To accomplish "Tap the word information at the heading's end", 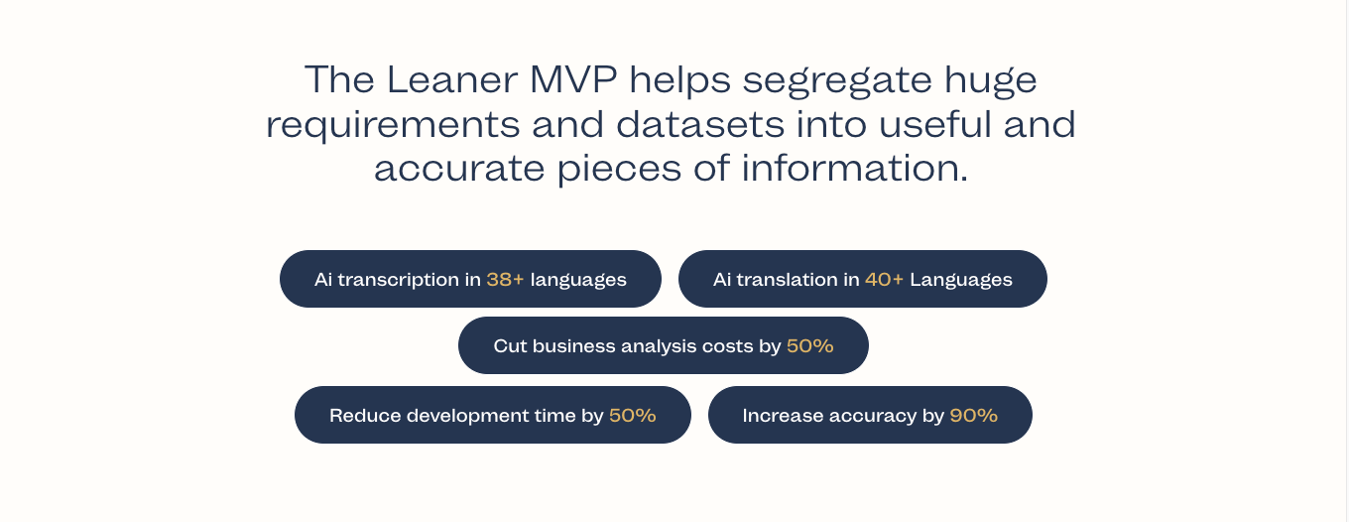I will pos(854,169).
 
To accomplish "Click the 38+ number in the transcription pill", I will pos(505,280).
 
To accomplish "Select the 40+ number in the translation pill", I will pos(884,280).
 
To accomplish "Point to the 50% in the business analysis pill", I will pos(809,346).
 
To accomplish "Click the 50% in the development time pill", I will pos(632,416).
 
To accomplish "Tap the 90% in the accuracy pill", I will pos(973,416).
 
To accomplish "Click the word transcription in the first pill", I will pos(399,280).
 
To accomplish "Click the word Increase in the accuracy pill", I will pos(780,416).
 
